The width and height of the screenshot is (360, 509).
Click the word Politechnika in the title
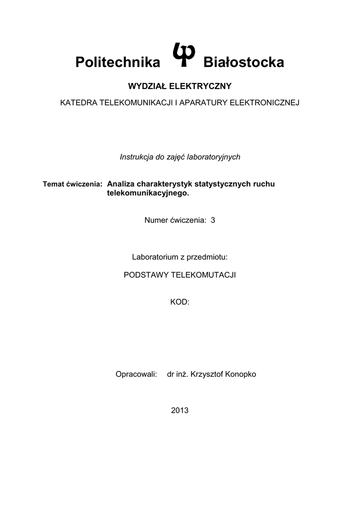(118, 63)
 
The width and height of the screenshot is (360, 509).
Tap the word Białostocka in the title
(244, 63)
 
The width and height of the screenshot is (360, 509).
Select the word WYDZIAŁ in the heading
(148, 86)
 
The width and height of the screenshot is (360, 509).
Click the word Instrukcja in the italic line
(136, 157)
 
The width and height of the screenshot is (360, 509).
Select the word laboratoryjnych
(215, 157)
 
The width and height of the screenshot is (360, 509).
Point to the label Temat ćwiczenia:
(73, 184)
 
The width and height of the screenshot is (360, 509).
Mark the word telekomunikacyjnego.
(148, 193)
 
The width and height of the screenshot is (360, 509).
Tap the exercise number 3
(213, 220)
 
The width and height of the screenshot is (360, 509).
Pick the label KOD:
(180, 302)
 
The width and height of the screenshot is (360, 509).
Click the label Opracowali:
(136, 374)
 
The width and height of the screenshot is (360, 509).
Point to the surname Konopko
(240, 374)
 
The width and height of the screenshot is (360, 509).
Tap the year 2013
(180, 411)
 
